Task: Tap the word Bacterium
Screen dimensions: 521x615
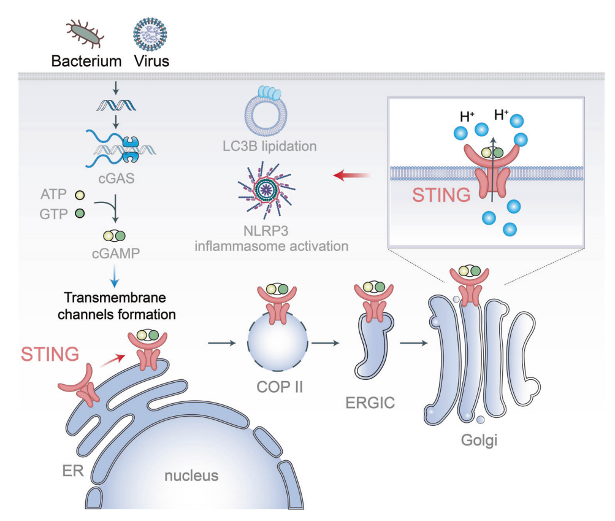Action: (x=86, y=62)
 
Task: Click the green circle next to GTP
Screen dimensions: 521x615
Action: (x=78, y=214)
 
